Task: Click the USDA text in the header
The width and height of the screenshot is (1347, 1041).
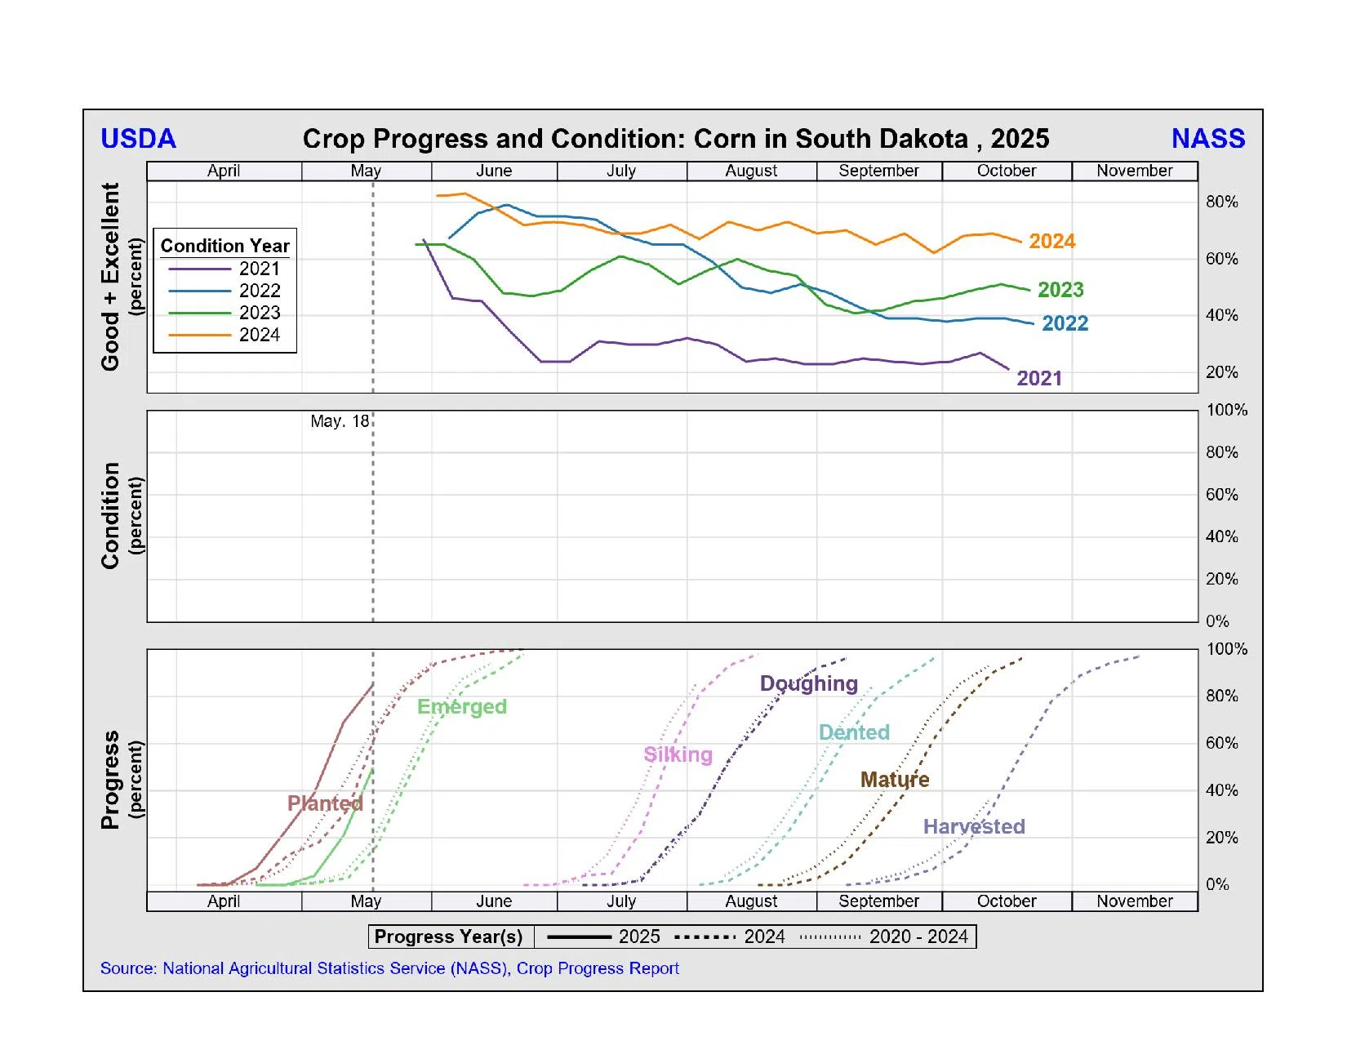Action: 138,139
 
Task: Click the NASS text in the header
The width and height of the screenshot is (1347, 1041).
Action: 1207,139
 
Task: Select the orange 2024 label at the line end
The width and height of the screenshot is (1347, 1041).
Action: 1051,242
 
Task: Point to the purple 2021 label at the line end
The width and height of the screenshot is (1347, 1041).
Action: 1038,379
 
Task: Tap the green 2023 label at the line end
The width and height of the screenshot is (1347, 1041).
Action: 1060,290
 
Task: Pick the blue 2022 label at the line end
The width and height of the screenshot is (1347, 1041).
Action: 1065,324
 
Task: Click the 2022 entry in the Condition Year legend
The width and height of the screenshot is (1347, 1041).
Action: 259,291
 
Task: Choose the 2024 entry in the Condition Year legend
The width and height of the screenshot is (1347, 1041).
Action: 259,335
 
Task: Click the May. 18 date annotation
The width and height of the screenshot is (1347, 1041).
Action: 340,422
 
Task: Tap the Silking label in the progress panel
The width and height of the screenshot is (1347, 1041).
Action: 678,754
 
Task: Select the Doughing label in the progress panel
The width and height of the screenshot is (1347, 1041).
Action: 808,683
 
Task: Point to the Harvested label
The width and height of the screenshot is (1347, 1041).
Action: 973,827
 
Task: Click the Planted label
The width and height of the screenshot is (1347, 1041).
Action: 324,803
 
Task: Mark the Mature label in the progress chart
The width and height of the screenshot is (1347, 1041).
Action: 894,780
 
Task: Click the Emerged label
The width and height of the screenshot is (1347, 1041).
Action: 461,707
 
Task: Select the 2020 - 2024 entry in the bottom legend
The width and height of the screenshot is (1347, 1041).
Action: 918,936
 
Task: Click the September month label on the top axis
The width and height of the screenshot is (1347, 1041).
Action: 878,171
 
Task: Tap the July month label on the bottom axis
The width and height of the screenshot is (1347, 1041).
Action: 620,901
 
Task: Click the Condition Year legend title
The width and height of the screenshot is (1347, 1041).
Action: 224,246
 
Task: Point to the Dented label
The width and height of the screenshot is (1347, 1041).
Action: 853,732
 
